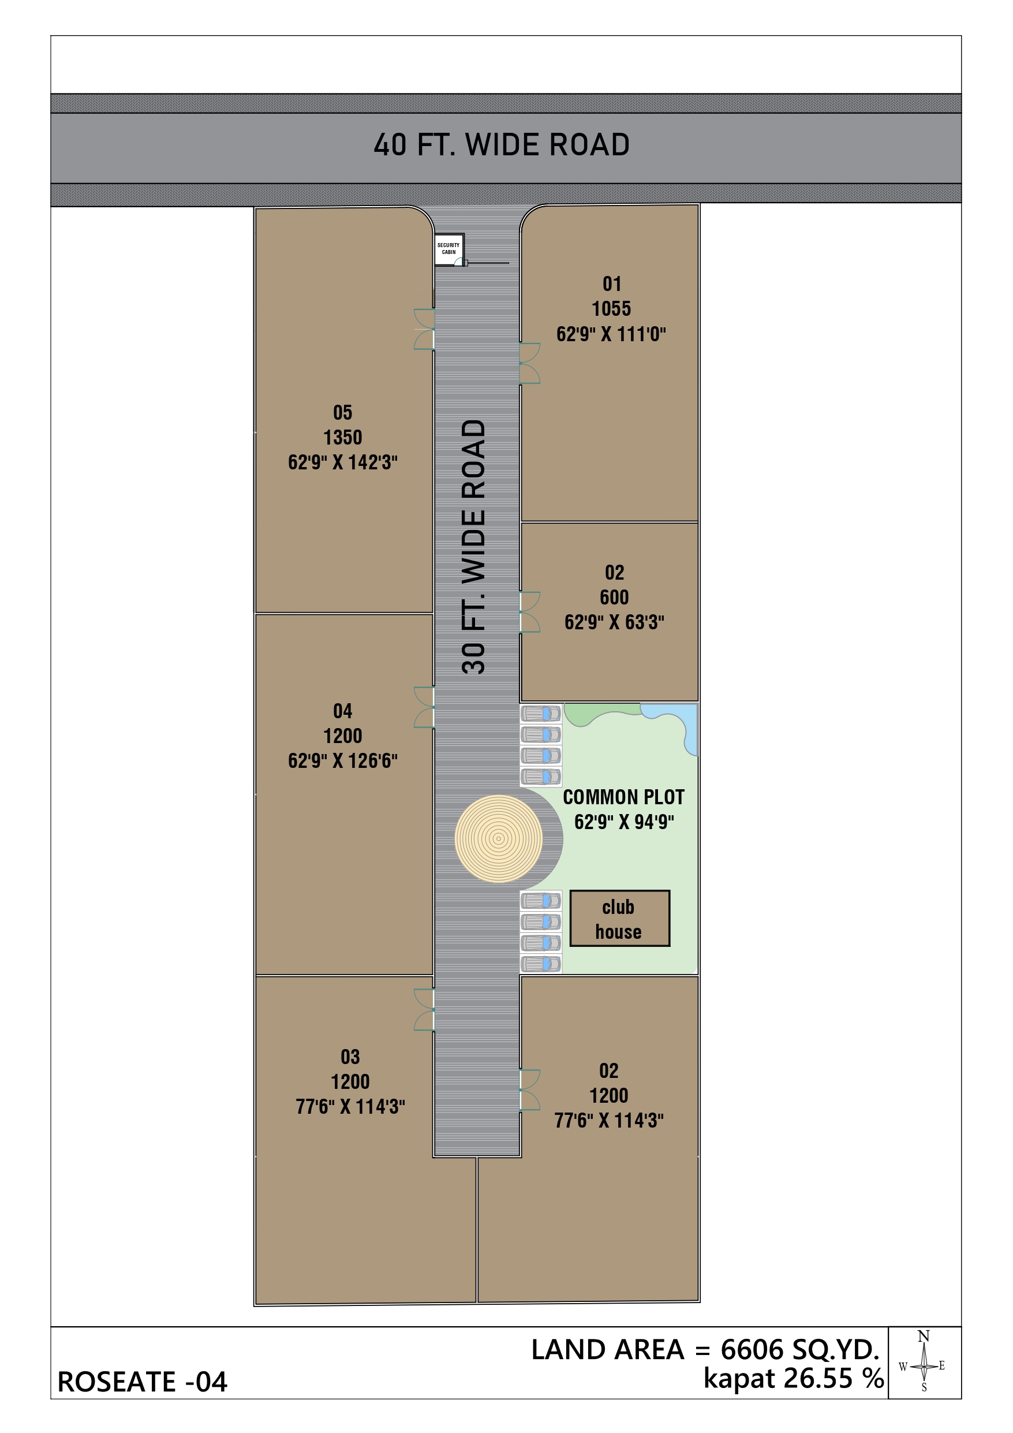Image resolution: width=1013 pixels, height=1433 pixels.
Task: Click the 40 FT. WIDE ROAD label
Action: (x=501, y=145)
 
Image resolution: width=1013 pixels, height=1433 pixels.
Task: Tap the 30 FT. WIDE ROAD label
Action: (x=473, y=546)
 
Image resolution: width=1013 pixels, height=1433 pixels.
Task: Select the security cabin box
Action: (x=448, y=249)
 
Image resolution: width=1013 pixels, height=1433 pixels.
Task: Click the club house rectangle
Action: (x=619, y=918)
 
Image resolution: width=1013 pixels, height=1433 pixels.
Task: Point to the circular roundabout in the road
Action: (x=498, y=838)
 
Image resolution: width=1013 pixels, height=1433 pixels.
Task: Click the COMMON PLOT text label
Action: (x=623, y=797)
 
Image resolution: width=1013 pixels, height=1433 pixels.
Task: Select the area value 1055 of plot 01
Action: (x=611, y=308)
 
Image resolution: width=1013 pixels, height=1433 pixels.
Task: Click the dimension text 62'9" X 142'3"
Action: (x=343, y=462)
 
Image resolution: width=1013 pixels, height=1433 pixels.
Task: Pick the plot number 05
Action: (x=343, y=413)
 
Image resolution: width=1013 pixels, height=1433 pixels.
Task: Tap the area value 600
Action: (x=614, y=598)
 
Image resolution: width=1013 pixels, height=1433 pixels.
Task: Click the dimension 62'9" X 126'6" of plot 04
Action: (x=343, y=760)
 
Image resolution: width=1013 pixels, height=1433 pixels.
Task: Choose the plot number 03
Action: (x=350, y=1057)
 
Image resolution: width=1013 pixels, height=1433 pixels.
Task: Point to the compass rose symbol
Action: (x=924, y=1365)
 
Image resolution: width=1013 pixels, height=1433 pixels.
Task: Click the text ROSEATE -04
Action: (x=143, y=1381)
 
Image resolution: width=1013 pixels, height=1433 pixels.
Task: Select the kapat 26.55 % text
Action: (x=793, y=1378)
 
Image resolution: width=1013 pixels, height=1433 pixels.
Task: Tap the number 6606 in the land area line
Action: (x=752, y=1349)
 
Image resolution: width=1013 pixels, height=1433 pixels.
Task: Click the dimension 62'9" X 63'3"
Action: (x=614, y=622)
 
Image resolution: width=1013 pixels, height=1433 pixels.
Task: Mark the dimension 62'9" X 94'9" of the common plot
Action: (x=624, y=822)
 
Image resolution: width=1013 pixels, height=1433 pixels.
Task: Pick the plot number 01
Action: (x=612, y=284)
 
